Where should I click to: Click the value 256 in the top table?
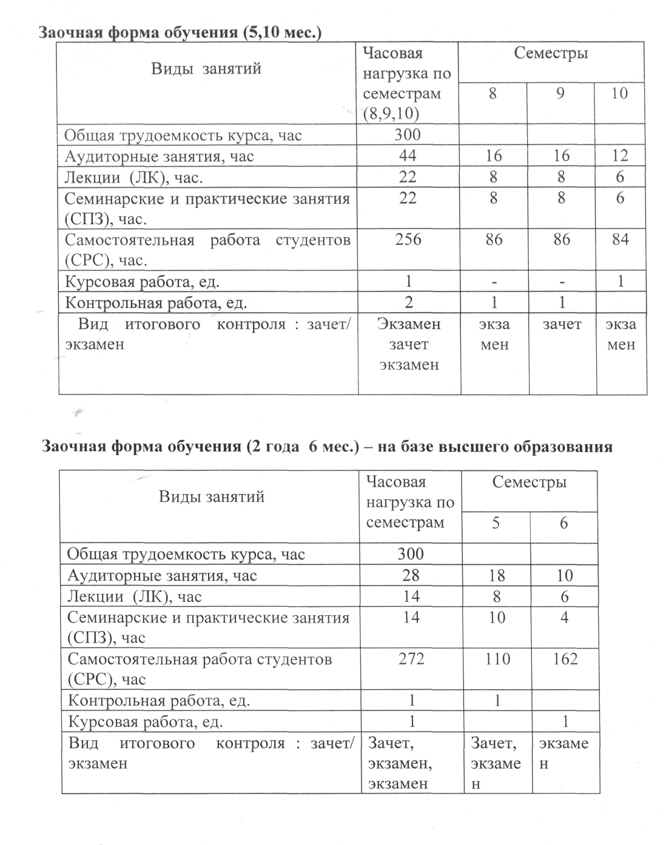click(408, 239)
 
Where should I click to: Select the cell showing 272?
click(411, 658)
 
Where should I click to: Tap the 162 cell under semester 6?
click(565, 658)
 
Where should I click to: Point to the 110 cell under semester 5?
click(497, 658)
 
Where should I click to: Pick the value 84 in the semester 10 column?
click(620, 239)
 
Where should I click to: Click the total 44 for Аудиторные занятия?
click(408, 156)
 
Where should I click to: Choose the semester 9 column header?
click(561, 94)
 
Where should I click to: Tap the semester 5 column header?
click(496, 523)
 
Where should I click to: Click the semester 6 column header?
click(564, 523)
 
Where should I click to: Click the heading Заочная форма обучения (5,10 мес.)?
click(180, 32)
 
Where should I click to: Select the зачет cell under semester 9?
click(562, 325)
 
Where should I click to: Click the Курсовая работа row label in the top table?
click(142, 282)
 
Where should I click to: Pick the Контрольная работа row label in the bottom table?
click(159, 701)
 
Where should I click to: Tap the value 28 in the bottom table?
click(411, 575)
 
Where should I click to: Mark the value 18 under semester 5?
click(497, 575)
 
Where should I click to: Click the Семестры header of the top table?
click(551, 53)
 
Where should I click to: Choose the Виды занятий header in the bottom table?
click(212, 497)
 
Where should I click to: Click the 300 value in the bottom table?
click(411, 553)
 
